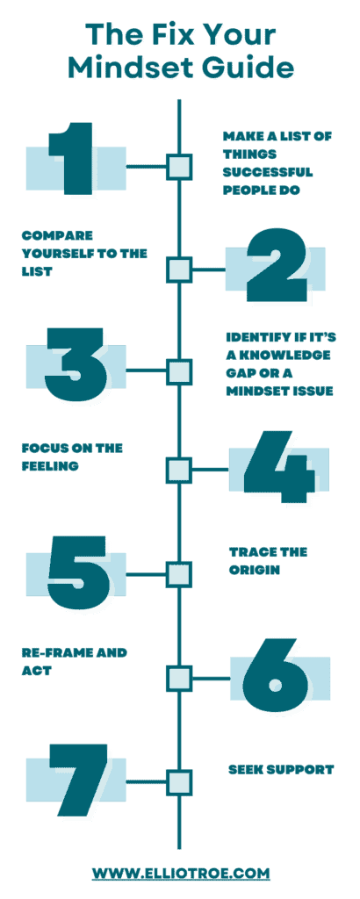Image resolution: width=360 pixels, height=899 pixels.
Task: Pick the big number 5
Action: (78, 572)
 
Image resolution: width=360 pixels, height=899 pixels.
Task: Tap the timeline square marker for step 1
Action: (179, 167)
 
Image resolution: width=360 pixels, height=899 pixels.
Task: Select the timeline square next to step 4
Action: (179, 470)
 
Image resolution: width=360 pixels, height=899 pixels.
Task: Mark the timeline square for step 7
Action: (179, 782)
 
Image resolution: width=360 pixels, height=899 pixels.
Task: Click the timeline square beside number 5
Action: (179, 574)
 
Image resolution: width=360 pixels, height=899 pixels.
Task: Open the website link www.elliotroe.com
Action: (181, 873)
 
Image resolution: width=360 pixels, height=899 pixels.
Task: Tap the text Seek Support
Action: (281, 769)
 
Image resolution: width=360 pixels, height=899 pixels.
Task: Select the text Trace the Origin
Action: (269, 561)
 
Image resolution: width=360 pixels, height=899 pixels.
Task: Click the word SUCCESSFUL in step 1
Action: (269, 172)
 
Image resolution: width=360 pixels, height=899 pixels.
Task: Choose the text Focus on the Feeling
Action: (72, 457)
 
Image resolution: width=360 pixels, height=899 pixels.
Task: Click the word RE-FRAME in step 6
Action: (54, 652)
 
